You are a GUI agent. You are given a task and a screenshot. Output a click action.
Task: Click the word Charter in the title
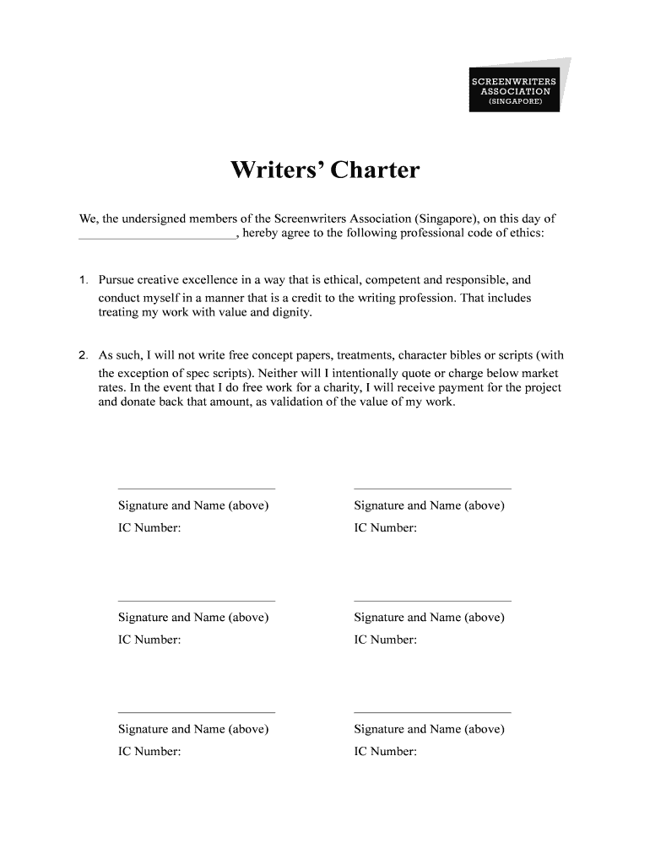[374, 171]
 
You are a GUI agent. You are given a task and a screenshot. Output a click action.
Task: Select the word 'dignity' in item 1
[291, 312]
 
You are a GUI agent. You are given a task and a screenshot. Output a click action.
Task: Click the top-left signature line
[196, 489]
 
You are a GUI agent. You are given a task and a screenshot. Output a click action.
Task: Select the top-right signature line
[432, 489]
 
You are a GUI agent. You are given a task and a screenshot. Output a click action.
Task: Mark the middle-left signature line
[196, 601]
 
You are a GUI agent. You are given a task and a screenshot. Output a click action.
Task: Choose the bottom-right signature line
[432, 712]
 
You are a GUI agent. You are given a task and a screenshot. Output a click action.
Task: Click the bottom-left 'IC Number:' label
[149, 751]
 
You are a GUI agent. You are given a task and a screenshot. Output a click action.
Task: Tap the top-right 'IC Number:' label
[385, 528]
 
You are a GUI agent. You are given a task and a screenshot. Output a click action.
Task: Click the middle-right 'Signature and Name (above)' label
[429, 618]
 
